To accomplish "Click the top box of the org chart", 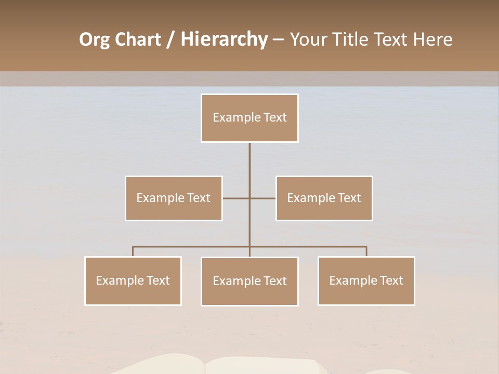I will [x=249, y=118].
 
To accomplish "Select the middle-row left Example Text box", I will [x=174, y=198].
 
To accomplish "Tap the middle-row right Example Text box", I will [x=324, y=198].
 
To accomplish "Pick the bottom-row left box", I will [x=133, y=281].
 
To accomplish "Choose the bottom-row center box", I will [x=249, y=282].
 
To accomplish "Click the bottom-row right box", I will [x=366, y=281].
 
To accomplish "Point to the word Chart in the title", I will [x=137, y=40].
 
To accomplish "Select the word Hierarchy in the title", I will [x=224, y=40].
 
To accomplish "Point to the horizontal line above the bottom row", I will [x=192, y=247].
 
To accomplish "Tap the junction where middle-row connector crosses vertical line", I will [x=249, y=198].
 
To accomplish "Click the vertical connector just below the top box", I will [x=249, y=156].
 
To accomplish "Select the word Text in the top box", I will [x=275, y=118].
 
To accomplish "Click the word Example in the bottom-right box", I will [x=347, y=281].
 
